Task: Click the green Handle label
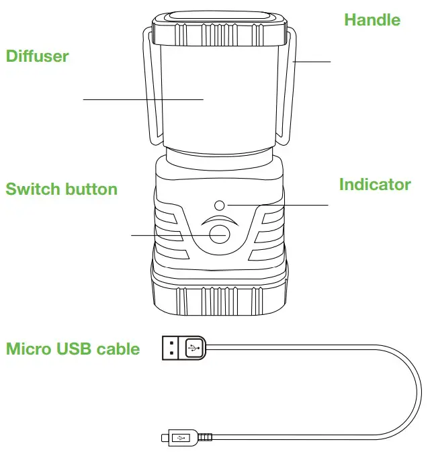click(372, 20)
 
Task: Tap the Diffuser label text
click(38, 56)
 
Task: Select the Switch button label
click(61, 189)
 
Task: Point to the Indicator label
click(374, 185)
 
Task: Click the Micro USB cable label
click(73, 349)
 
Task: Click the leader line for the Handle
click(312, 61)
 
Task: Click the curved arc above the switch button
click(219, 220)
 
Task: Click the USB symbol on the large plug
click(193, 348)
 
